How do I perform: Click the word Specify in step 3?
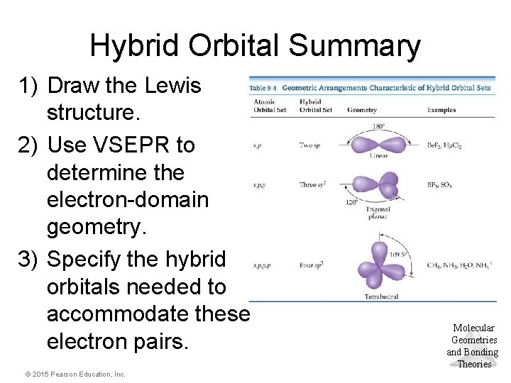(x=97, y=259)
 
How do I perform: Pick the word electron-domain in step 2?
(x=128, y=201)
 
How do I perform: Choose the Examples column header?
(x=441, y=110)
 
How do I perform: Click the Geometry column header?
(x=362, y=110)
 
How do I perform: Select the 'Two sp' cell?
(x=310, y=145)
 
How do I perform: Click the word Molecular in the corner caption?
(x=474, y=328)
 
